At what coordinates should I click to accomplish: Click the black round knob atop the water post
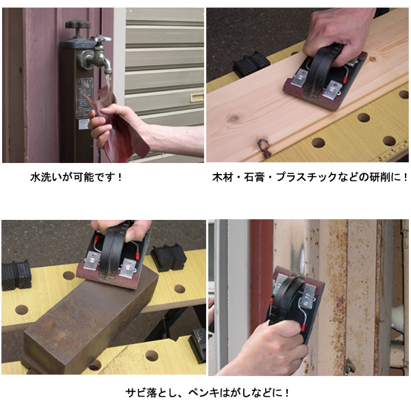[77, 25]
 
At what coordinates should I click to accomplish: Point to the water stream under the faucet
[108, 84]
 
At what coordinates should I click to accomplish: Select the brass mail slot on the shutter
[197, 97]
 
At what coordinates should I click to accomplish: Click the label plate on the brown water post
[84, 98]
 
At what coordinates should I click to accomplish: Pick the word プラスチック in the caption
[306, 177]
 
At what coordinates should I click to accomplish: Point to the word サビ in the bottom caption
[135, 393]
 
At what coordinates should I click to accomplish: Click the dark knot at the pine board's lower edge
[264, 147]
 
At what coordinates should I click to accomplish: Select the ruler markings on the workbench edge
[391, 153]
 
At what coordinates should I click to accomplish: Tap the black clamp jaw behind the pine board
[251, 64]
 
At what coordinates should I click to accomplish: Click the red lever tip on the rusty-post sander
[303, 327]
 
